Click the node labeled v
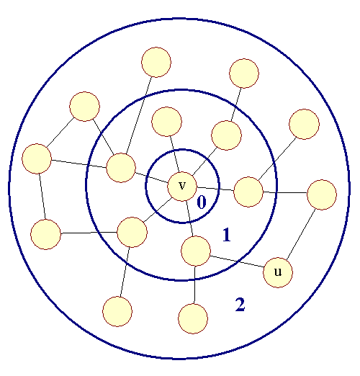pos(182,187)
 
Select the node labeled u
pos(278,272)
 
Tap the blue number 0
pos(202,202)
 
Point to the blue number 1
pos(227,235)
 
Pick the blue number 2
pos(240,304)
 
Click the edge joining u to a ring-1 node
pos(237,261)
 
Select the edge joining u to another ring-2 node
pos(301,234)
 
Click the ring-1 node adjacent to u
pos(196,251)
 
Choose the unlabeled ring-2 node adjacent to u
pos(322,194)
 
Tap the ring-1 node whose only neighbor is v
pos(166,122)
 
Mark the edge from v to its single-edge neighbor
pos(174,154)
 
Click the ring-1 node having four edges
pos(121,168)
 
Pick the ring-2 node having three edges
pos(37,158)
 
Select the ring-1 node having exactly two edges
pos(226,135)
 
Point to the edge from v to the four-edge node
pos(152,178)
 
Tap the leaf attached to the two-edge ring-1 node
pos(244,73)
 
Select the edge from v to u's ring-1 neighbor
pos(189,219)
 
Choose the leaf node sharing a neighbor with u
pos(193,318)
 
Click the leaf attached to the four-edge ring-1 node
pos(156,62)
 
